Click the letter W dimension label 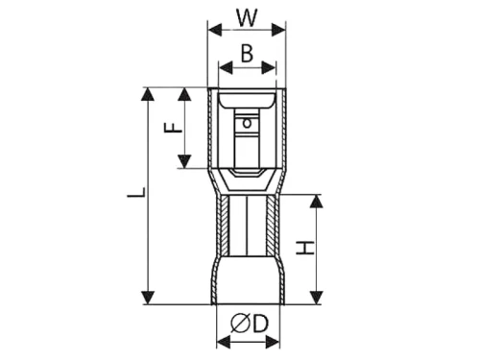click(247, 18)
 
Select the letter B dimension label click(247, 54)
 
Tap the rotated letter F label click(173, 128)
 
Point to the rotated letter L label click(136, 192)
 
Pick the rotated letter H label click(305, 248)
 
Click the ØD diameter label click(249, 324)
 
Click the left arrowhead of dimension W click(215, 30)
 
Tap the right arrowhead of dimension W click(278, 30)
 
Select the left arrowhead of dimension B click(226, 67)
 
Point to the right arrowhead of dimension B click(269, 67)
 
